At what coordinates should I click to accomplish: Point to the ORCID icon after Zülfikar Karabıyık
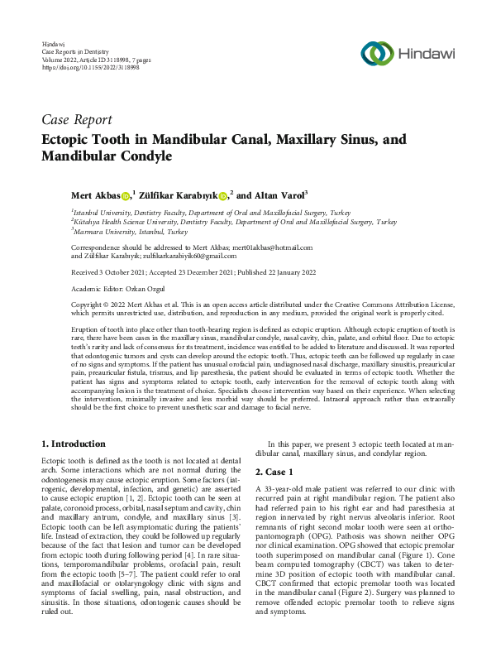223,195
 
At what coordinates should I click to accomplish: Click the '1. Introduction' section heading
74,444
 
